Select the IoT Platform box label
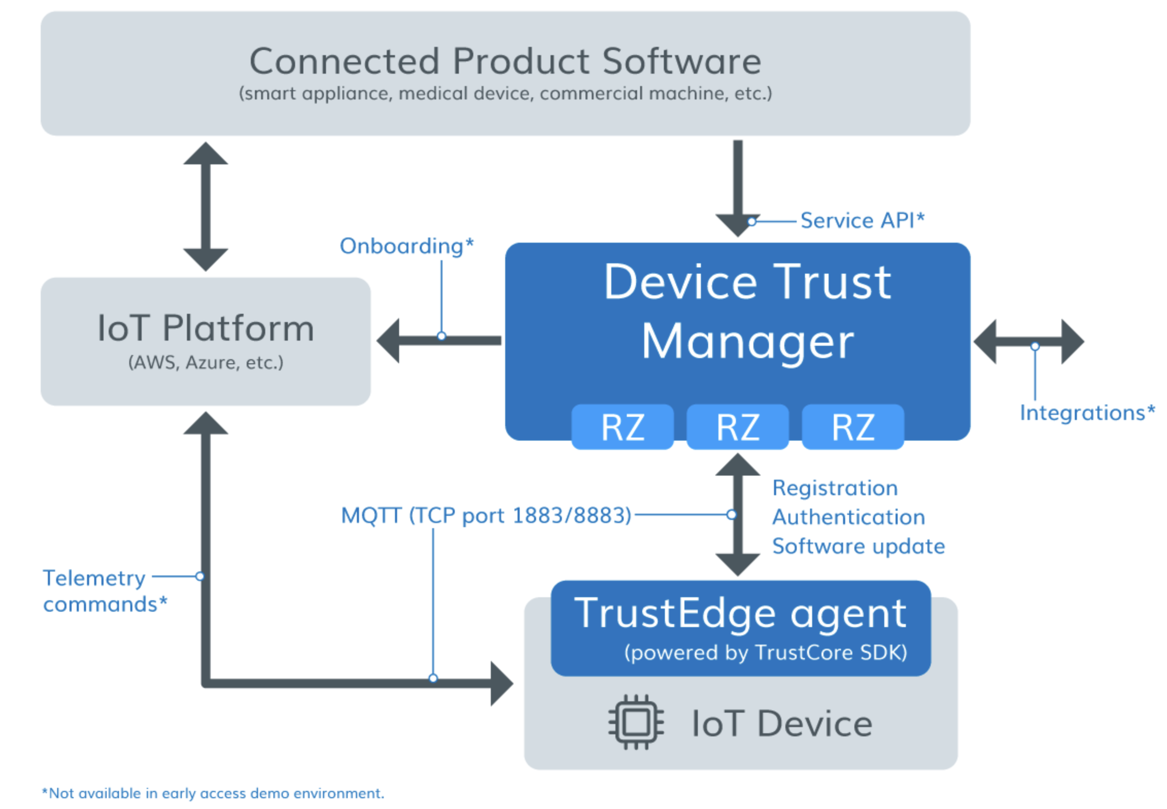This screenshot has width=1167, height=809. point(205,328)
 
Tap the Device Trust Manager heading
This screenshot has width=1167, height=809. point(747,311)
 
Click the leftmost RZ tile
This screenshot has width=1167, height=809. point(623,427)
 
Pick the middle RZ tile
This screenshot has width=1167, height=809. point(737,427)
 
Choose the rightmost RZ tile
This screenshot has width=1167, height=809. point(853,427)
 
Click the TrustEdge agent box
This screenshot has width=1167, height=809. point(741,628)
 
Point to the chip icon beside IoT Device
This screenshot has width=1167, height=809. point(636,722)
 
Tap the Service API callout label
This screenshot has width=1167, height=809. point(862,221)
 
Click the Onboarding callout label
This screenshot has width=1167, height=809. point(406,246)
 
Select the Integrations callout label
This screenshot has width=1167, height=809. point(1087,413)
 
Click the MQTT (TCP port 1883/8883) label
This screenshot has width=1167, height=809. point(486,515)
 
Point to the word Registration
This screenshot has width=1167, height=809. point(835,488)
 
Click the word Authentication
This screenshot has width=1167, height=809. point(848,517)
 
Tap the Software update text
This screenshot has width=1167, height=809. point(859,546)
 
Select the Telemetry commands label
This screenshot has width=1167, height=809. point(105,591)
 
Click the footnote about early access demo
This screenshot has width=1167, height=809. point(213,793)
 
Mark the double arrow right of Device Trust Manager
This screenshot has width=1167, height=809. point(1028,341)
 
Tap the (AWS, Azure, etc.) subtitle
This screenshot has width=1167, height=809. point(205,363)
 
